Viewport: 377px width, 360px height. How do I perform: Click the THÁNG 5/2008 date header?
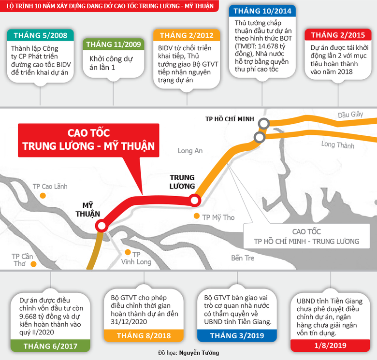coord(41,35)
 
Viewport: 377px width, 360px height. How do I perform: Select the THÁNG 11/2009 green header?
coord(114,44)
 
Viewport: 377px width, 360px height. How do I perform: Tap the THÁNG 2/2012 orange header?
coord(187,35)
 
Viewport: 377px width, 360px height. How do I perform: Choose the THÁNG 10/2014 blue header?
coord(262,11)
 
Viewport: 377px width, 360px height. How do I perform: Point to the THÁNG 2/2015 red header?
coord(338,35)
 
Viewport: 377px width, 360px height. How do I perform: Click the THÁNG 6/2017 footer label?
coord(50,346)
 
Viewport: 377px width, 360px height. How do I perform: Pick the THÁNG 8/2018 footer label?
coord(144,335)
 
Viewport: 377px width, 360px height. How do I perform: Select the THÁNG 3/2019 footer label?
coord(237,335)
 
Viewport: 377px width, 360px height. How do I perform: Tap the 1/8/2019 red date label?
coord(330,346)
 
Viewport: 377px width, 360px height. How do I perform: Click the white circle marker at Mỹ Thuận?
coord(101,226)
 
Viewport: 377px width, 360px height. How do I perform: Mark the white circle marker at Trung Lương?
coord(194,200)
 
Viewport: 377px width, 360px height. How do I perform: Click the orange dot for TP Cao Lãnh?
coord(43,196)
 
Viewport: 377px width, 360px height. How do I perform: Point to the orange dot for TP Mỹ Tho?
coord(197,216)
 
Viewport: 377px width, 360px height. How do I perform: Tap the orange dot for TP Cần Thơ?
coord(34,264)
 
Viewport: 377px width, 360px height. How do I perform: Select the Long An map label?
coord(190,151)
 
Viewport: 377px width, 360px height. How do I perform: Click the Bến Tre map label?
coord(243,258)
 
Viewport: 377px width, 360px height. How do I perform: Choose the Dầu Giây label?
coord(350,115)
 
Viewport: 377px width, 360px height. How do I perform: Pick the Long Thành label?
coord(337,144)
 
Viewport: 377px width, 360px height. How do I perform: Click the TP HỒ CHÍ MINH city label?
coord(230,119)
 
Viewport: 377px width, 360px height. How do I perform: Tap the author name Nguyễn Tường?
coord(199,353)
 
